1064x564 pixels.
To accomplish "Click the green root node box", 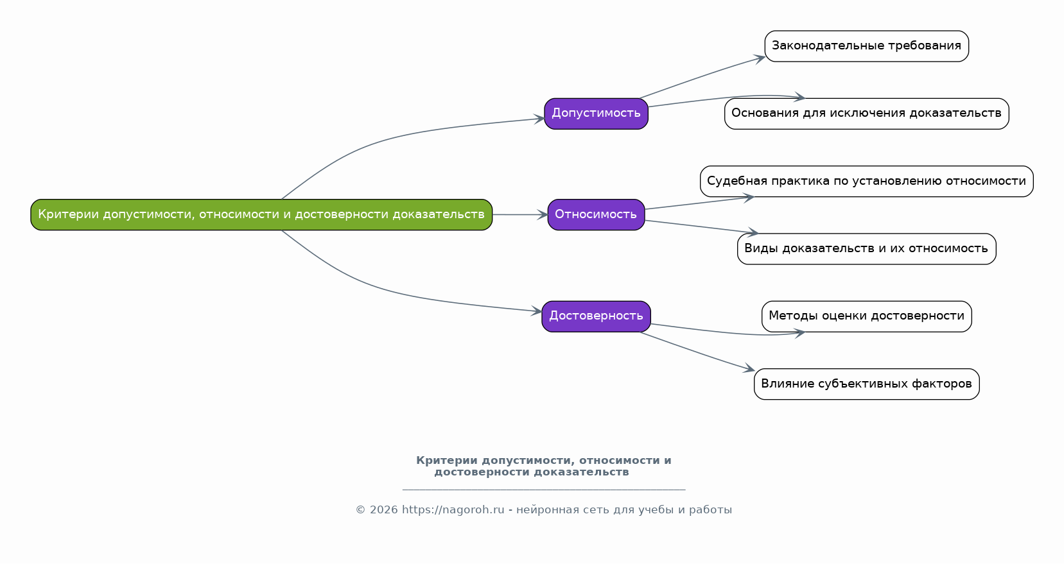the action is point(261,214).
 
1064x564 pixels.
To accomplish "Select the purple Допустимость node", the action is point(596,114).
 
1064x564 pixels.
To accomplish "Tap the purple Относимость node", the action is point(596,214).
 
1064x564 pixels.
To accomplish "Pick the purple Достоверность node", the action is point(596,316).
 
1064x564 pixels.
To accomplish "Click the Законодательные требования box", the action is point(866,46).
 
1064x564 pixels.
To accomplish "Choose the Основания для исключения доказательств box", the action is point(866,114).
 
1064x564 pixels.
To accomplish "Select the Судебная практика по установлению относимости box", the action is point(866,181).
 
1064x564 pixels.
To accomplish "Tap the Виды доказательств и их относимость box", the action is point(866,249).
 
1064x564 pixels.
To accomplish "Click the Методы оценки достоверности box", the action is point(866,316).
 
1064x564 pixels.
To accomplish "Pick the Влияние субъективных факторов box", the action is point(866,384).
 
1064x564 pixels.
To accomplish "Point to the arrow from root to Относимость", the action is point(520,214).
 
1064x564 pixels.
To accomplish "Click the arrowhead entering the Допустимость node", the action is point(539,119).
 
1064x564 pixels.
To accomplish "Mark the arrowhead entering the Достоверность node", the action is point(536,311).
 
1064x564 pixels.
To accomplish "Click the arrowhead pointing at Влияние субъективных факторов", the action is point(749,368).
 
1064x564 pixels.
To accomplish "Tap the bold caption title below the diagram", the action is point(543,466).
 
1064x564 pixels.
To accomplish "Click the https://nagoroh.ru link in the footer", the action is point(453,509).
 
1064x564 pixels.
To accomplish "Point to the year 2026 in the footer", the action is point(384,509).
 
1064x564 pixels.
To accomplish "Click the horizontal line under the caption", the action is point(544,489).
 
